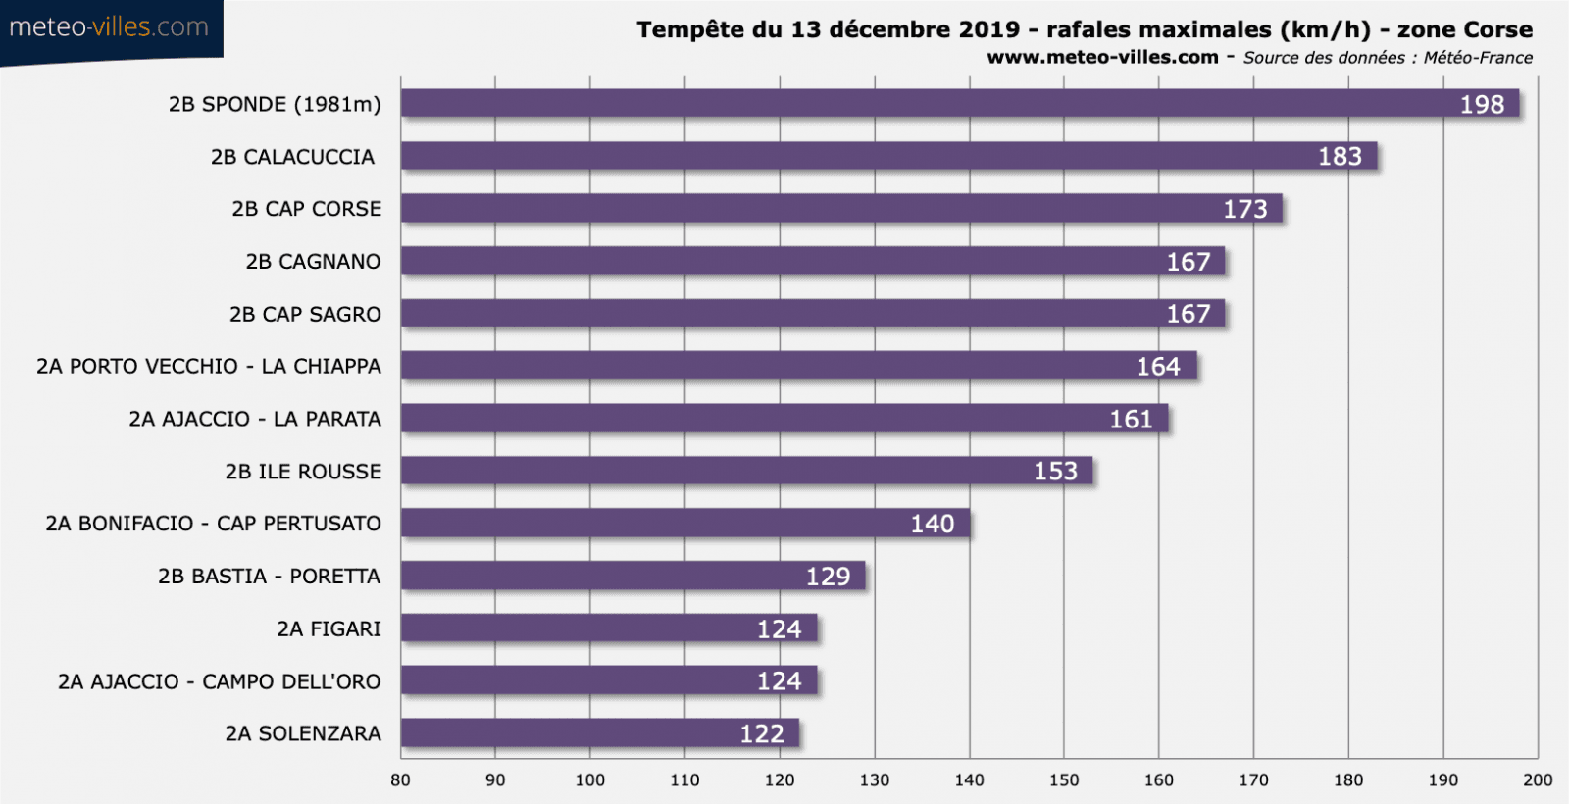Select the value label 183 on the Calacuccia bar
1340,157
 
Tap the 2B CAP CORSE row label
306,209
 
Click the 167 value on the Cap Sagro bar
1188,314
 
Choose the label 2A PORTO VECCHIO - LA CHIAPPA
209,366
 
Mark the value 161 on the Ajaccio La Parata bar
1131,420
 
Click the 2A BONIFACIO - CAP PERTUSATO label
213,524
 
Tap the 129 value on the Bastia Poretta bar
828,577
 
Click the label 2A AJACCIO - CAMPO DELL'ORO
219,681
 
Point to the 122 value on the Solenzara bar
762,734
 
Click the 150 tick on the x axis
1064,780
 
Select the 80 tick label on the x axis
400,780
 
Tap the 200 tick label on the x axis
1538,780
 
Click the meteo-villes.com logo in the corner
109,27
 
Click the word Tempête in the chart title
690,29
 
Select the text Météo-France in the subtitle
1478,58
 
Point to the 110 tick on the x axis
684,780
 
